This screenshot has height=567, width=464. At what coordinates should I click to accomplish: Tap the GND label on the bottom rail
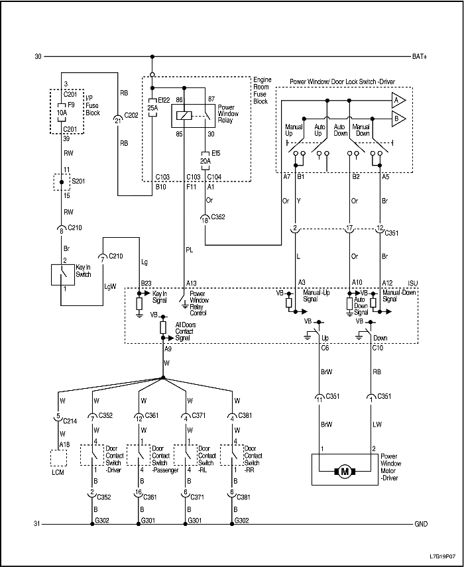click(420, 524)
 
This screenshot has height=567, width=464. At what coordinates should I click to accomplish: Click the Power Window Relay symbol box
click(183, 116)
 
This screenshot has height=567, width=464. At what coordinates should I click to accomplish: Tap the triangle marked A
click(398, 101)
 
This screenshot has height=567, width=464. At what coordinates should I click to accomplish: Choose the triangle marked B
click(398, 119)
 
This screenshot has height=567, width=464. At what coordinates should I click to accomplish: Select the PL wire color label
click(188, 250)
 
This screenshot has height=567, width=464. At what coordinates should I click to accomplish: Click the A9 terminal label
click(168, 349)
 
